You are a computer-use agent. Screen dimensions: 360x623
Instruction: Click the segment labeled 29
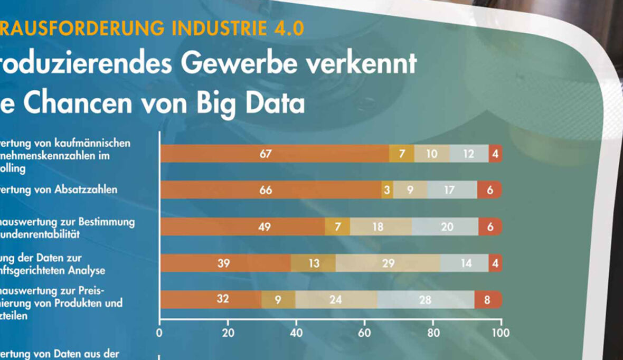pyautogui.click(x=388, y=263)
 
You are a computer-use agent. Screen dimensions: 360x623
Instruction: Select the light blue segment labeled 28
pyautogui.click(x=426, y=299)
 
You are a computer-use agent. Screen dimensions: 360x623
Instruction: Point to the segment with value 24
pyautogui.click(x=336, y=299)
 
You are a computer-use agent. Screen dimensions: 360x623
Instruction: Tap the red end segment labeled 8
pyautogui.click(x=487, y=299)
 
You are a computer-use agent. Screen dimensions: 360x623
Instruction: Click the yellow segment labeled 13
pyautogui.click(x=314, y=263)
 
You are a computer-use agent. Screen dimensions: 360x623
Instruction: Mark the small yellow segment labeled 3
pyautogui.click(x=387, y=190)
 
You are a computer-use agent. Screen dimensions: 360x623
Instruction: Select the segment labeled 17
pyautogui.click(x=449, y=190)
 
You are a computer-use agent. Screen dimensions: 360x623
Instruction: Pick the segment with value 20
pyautogui.click(x=446, y=226)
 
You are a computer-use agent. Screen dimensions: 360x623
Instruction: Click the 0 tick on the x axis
pyautogui.click(x=159, y=333)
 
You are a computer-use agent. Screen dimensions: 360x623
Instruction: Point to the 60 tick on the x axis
pyautogui.click(x=364, y=333)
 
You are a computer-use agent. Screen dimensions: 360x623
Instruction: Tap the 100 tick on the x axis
pyautogui.click(x=501, y=333)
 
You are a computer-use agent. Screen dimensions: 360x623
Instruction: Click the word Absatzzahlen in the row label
pyautogui.click(x=87, y=190)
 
